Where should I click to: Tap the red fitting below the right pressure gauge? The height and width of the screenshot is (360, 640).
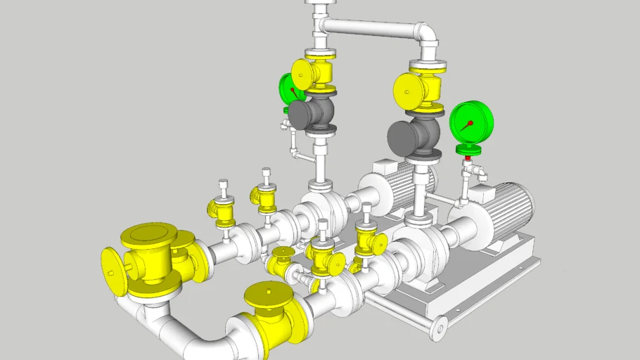(467, 159)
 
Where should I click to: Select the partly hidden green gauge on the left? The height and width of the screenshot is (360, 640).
(288, 89)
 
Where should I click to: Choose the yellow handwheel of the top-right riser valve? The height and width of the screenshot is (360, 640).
(407, 89)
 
